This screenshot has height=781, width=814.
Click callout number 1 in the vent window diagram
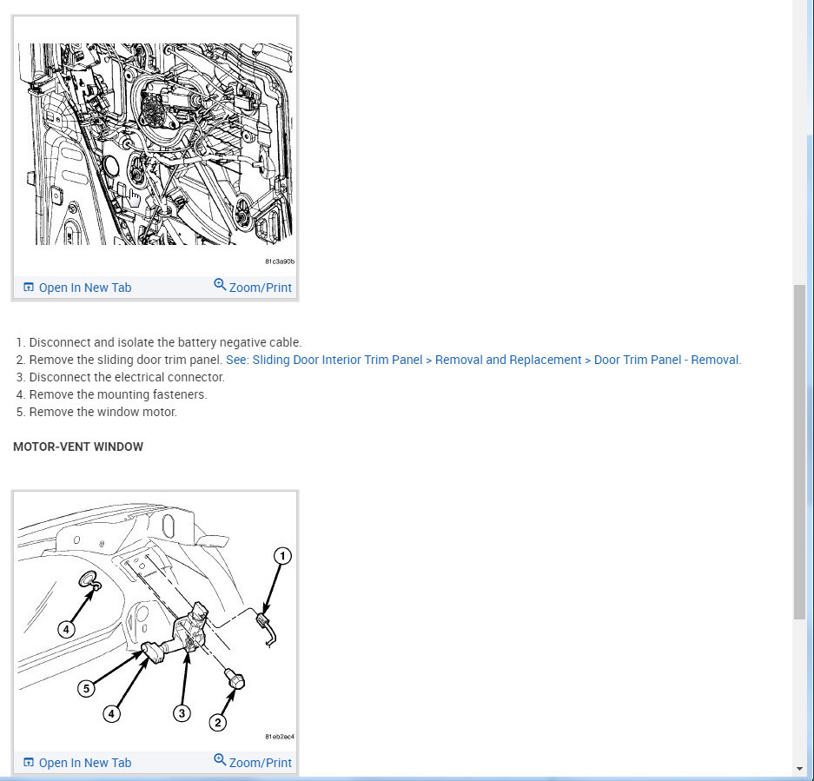pyautogui.click(x=282, y=556)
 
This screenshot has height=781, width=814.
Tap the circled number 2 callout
pyautogui.click(x=217, y=722)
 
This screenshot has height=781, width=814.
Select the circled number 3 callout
pyautogui.click(x=182, y=713)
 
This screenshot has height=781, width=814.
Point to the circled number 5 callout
pyautogui.click(x=86, y=689)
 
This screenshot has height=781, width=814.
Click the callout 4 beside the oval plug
pyautogui.click(x=66, y=630)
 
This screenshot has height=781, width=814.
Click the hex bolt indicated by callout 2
pyautogui.click(x=235, y=679)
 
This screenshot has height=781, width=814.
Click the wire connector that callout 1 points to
pyautogui.click(x=263, y=619)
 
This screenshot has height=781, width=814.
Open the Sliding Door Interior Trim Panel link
pyautogui.click(x=483, y=360)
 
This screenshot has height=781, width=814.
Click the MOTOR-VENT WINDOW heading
pyautogui.click(x=78, y=447)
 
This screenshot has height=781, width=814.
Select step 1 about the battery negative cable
pyautogui.click(x=159, y=343)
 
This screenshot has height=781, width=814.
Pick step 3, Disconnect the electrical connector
pyautogui.click(x=121, y=377)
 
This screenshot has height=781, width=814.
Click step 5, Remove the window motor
pyautogui.click(x=96, y=412)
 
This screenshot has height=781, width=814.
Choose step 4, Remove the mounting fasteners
pyautogui.click(x=111, y=394)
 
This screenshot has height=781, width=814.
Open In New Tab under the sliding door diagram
pyautogui.click(x=77, y=288)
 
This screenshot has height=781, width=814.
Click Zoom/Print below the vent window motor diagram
pyautogui.click(x=253, y=762)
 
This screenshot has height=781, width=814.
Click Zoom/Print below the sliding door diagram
pyautogui.click(x=253, y=287)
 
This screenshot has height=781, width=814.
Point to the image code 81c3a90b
pyautogui.click(x=279, y=261)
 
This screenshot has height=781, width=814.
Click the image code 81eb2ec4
pyautogui.click(x=279, y=737)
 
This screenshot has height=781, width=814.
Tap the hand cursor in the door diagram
pyautogui.click(x=134, y=198)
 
